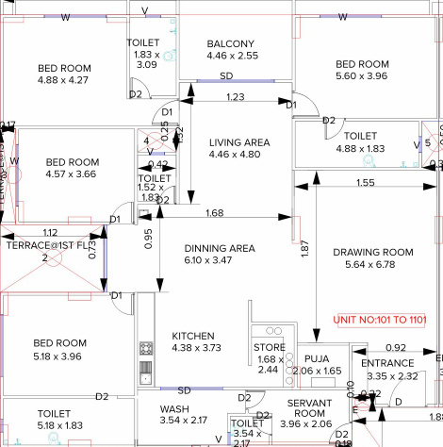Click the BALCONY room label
coord(231,43)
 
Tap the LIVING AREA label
coord(239,141)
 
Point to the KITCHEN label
coord(194,336)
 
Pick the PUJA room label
coord(316,359)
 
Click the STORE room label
coord(270,348)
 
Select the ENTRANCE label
coord(387,363)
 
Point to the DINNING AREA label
coord(219,248)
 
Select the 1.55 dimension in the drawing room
coord(366,182)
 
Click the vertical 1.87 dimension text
coord(304,249)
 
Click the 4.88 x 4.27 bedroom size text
coord(64,80)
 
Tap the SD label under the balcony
coord(227,75)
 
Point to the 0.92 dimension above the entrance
coord(396,348)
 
